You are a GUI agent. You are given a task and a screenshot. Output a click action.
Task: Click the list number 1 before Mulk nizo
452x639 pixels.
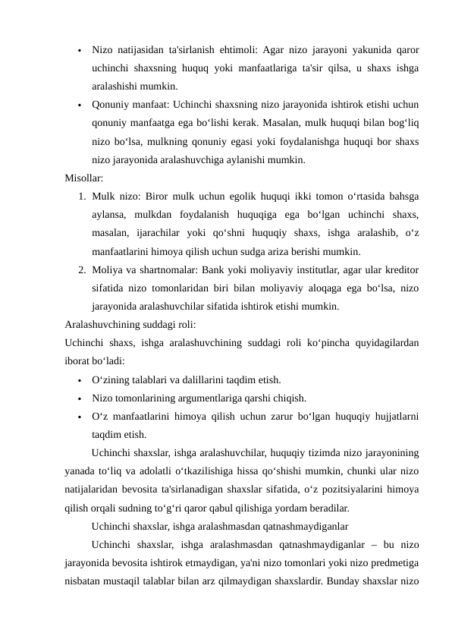tap(80, 197)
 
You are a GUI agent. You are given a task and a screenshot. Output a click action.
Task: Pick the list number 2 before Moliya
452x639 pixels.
tap(80, 270)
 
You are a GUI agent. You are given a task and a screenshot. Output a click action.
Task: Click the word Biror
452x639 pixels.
tap(149, 197)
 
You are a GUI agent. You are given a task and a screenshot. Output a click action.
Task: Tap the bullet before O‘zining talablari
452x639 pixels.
tap(79, 379)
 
